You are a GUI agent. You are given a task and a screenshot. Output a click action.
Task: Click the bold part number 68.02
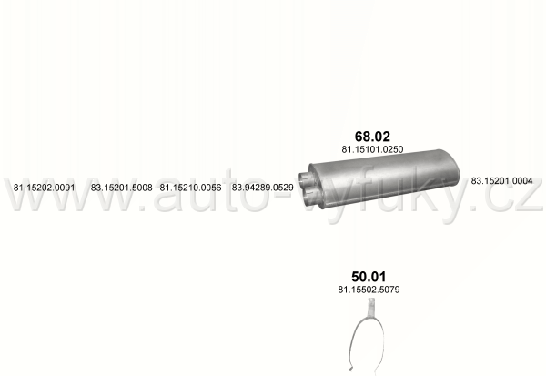[x=372, y=136]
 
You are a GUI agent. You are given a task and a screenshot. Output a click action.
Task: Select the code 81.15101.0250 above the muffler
[x=372, y=149]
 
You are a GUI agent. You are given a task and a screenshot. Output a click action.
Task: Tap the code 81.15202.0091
[x=45, y=188]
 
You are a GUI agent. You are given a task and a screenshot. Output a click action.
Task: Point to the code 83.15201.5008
[x=122, y=188]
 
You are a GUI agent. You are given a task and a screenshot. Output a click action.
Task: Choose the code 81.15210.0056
[x=190, y=188]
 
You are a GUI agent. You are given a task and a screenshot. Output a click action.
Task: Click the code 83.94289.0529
[x=263, y=188]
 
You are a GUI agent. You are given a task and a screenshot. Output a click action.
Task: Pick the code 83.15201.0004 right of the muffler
[x=501, y=181]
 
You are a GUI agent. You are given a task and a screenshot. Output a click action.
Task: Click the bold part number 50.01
[x=369, y=277]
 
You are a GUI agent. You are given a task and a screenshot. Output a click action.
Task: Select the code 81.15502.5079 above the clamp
[x=369, y=290]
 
